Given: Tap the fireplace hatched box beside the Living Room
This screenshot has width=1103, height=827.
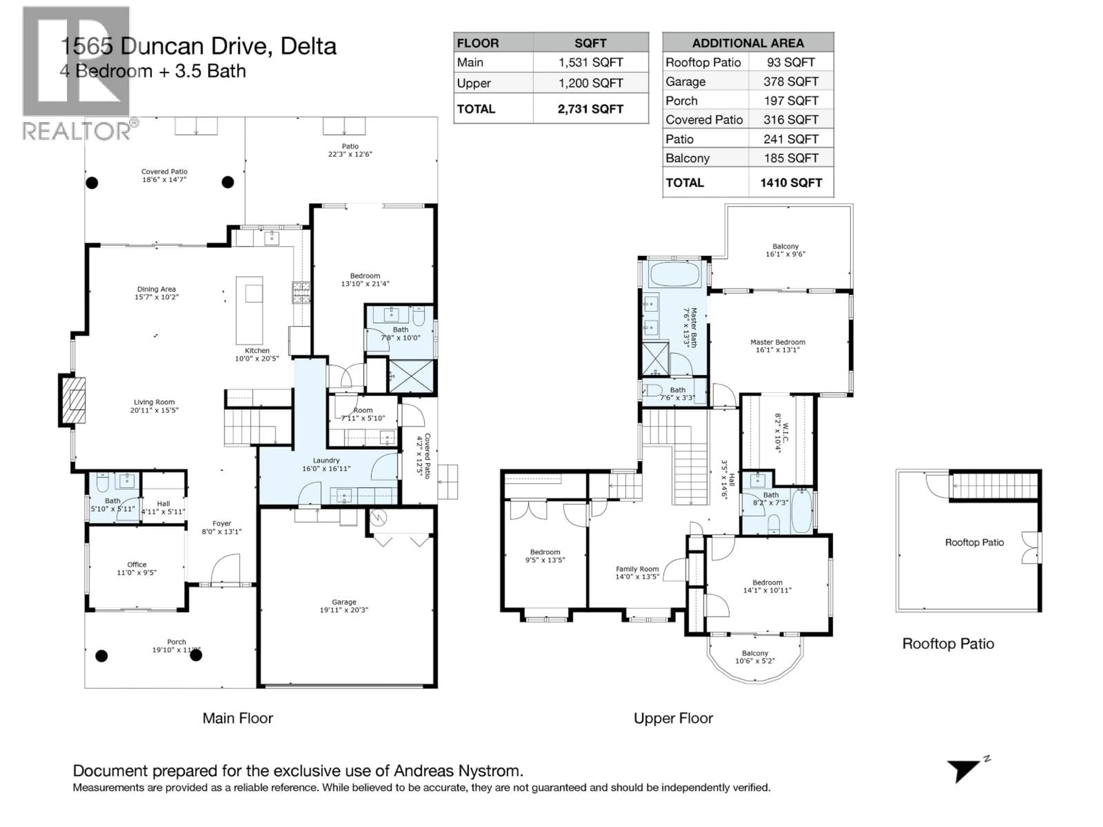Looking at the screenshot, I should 73,400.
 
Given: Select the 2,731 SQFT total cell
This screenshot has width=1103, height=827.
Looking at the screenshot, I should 590,109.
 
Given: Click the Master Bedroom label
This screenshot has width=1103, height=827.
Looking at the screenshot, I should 777,345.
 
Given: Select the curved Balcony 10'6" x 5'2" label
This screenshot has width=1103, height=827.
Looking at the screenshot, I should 755,657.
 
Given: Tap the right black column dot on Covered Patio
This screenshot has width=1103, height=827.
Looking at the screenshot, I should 227,182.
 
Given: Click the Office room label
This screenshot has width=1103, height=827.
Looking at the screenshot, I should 137,568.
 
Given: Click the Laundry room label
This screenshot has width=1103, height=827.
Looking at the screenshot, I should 326,464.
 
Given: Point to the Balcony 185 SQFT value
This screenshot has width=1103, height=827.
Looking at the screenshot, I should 790,159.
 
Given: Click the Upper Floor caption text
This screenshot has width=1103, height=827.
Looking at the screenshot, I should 673,718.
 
